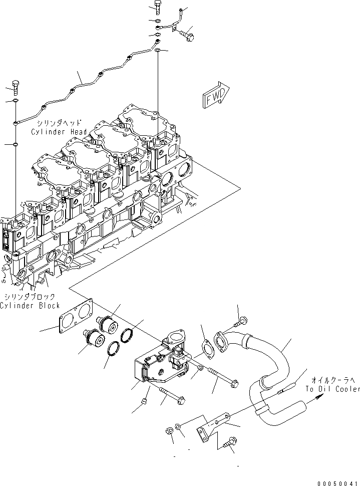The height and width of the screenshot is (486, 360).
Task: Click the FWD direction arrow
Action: tap(216, 95)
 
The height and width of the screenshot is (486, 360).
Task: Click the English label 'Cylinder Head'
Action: tap(59, 132)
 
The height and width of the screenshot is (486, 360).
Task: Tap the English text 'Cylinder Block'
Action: tap(30, 305)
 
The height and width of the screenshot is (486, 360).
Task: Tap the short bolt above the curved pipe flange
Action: tap(242, 320)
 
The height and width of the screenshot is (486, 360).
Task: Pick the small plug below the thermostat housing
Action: tap(144, 401)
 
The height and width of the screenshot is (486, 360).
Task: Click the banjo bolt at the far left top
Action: tap(15, 88)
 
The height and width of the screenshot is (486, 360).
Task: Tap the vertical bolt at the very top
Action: tap(157, 7)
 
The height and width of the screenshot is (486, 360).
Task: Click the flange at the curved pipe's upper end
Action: tap(222, 343)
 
